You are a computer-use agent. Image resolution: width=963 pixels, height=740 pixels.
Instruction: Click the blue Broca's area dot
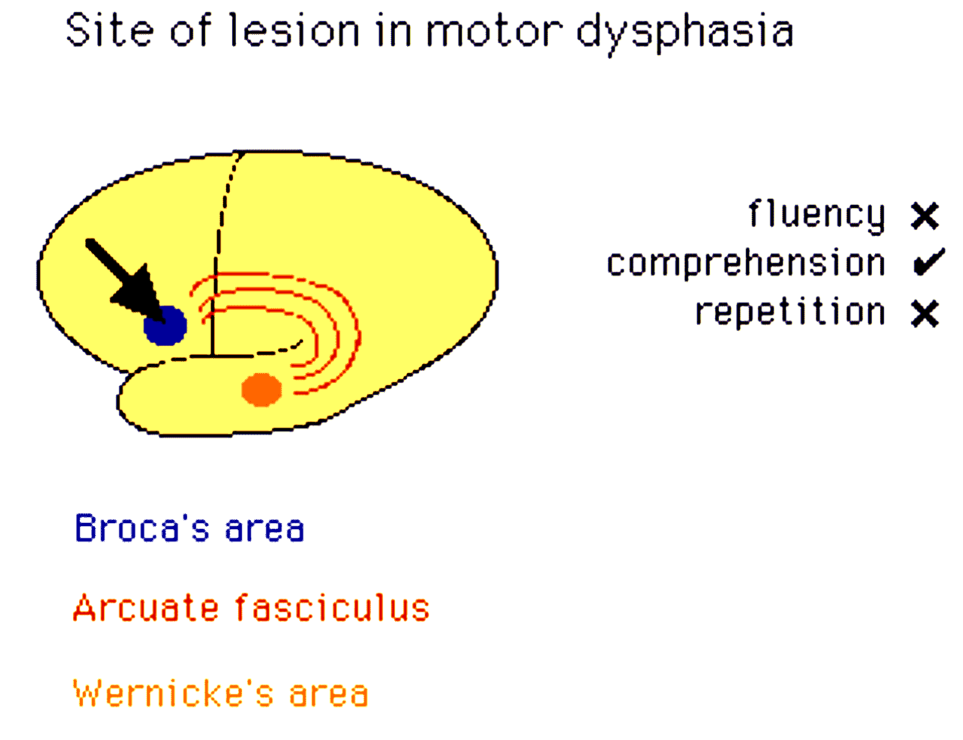pyautogui.click(x=165, y=326)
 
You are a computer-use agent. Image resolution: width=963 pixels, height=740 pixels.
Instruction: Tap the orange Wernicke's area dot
pyautogui.click(x=261, y=389)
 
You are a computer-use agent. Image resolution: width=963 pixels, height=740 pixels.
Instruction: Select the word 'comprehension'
pyautogui.click(x=746, y=263)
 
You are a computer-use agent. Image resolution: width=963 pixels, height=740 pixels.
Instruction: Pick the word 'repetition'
pyautogui.click(x=790, y=312)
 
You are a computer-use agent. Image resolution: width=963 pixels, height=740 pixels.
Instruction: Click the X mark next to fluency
pyautogui.click(x=925, y=216)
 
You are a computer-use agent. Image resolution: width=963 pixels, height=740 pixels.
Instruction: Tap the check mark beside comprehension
pyautogui.click(x=929, y=262)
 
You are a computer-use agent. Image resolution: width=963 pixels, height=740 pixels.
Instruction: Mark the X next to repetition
pyautogui.click(x=925, y=314)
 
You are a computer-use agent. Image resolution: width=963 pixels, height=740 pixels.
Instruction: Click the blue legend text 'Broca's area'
pyautogui.click(x=190, y=528)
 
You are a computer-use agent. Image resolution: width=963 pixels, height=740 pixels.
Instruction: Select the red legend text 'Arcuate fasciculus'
pyautogui.click(x=251, y=608)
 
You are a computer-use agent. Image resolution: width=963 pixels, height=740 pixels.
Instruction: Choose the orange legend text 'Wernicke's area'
pyautogui.click(x=221, y=693)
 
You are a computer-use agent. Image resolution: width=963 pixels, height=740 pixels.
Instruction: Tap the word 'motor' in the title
pyautogui.click(x=494, y=32)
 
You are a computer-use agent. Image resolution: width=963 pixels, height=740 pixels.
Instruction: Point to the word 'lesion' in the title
pyautogui.click(x=294, y=31)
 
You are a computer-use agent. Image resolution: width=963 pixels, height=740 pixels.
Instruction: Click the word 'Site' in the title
pyautogui.click(x=109, y=31)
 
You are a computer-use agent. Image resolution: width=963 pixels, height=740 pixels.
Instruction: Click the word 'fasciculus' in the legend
pyautogui.click(x=332, y=608)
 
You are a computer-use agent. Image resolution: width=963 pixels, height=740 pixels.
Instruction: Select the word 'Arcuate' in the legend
pyautogui.click(x=145, y=609)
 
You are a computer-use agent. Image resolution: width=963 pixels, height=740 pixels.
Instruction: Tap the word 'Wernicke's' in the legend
pyautogui.click(x=173, y=693)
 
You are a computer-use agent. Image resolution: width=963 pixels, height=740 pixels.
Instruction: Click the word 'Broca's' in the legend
pyautogui.click(x=142, y=528)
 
